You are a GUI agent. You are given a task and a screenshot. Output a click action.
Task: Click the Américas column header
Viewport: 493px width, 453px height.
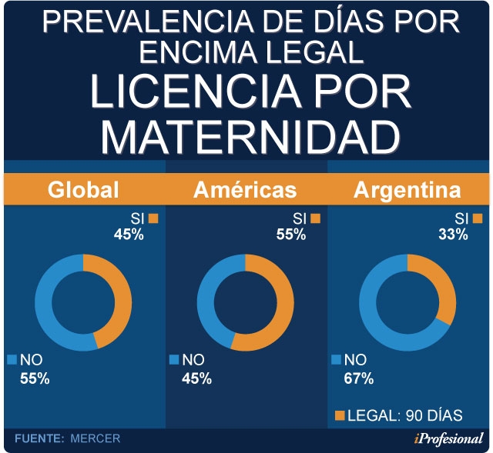pos(245,189)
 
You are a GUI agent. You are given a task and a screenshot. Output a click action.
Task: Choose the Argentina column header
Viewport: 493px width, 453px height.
pos(407,189)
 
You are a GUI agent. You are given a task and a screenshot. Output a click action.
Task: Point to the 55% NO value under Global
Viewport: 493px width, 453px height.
pos(35,378)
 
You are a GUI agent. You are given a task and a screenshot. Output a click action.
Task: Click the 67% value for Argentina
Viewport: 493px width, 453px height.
pos(359,378)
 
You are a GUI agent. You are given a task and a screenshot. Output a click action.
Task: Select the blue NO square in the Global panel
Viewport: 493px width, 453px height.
pos(12,359)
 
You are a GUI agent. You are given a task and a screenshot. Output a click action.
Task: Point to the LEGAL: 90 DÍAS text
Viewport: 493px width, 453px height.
pos(404,416)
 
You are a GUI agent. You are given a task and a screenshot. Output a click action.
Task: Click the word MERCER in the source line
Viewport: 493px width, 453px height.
pos(96,438)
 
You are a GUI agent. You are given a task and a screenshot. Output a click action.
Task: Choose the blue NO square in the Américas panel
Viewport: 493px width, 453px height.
pos(174,359)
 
